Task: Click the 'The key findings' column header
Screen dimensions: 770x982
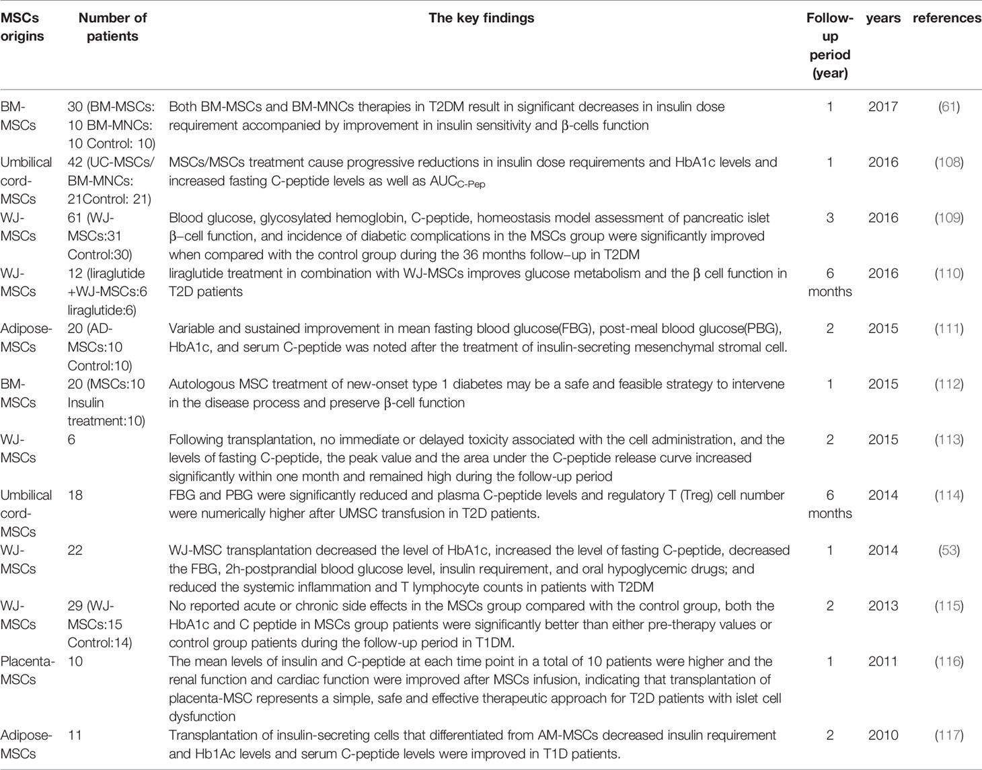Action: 481,18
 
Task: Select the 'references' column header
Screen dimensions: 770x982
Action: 946,18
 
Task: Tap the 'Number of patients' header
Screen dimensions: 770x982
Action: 112,27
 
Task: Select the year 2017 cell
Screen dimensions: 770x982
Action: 882,107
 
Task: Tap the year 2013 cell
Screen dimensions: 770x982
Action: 882,606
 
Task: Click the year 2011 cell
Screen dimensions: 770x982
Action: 882,662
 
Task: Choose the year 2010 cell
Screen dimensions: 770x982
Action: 882,736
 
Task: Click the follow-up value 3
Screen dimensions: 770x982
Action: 829,218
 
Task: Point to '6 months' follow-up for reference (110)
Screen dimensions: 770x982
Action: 829,282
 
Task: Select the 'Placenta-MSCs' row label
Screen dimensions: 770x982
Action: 27,670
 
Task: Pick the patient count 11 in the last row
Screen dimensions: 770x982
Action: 75,736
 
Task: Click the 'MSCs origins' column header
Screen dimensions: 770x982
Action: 22,27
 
